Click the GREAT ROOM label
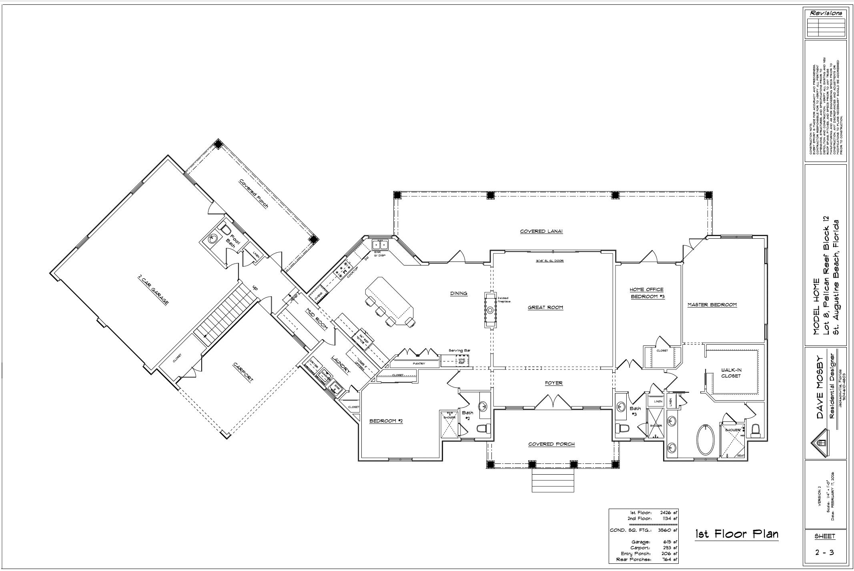545,307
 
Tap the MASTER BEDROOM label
712,305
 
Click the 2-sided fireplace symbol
490,310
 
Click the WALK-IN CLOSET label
731,373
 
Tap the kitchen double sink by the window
379,244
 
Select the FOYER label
553,383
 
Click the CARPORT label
243,373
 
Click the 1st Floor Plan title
736,534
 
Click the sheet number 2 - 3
825,553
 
